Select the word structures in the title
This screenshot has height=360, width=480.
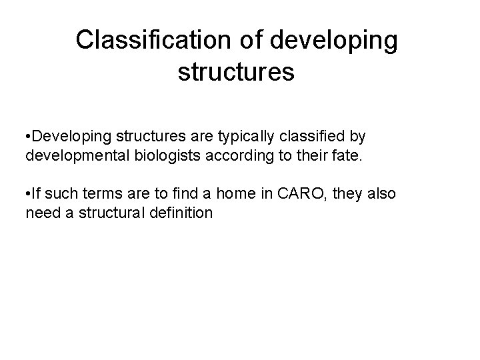click(x=236, y=72)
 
